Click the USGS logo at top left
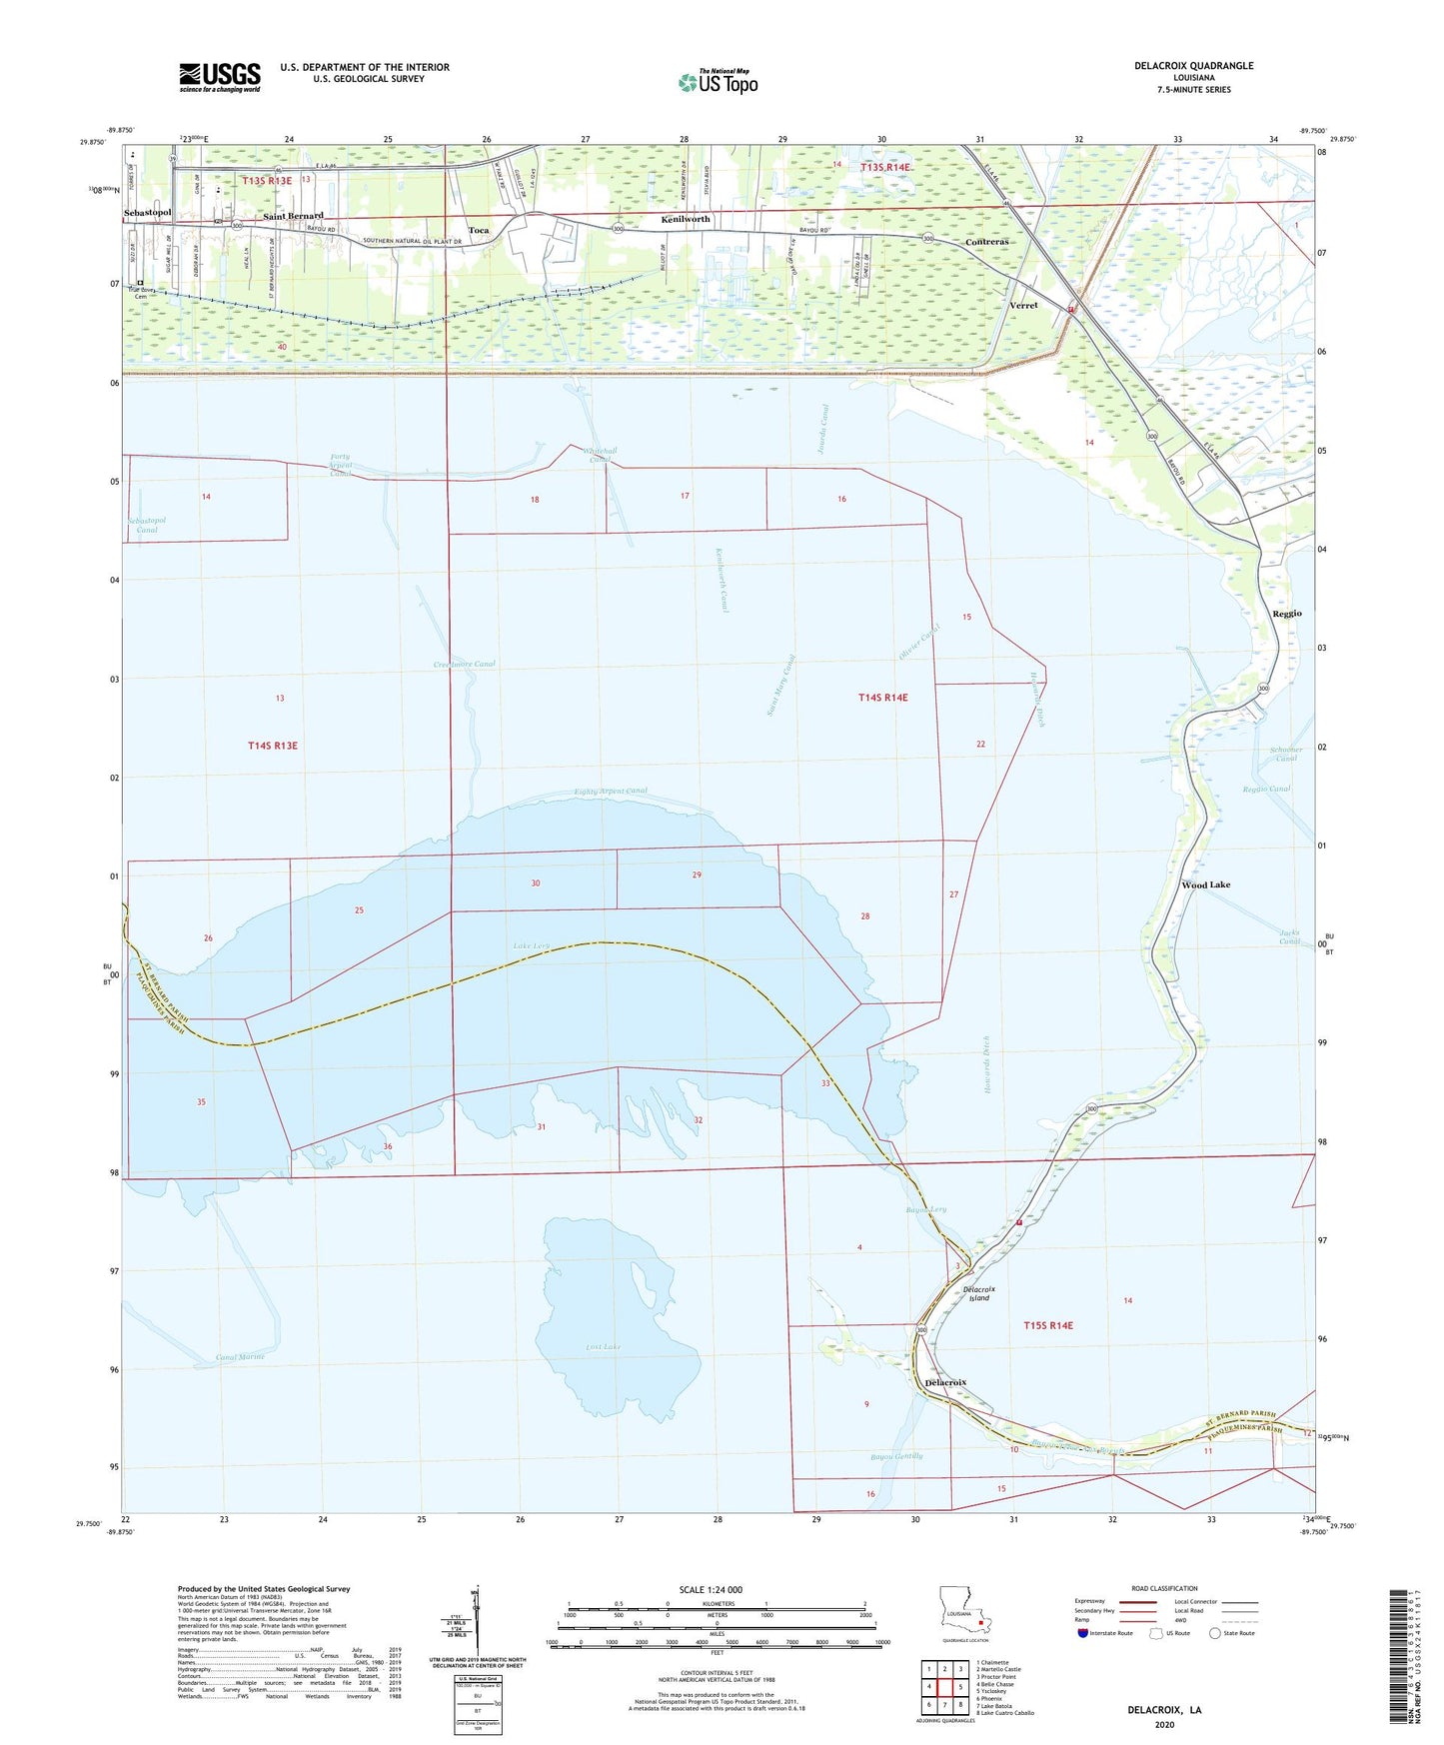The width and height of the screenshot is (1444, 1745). pyautogui.click(x=220, y=77)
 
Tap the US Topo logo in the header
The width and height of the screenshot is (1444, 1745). pyautogui.click(x=718, y=82)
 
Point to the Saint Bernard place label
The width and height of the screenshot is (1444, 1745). pyautogui.click(x=293, y=216)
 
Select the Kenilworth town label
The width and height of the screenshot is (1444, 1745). pyautogui.click(x=686, y=219)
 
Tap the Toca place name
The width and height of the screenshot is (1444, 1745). pyautogui.click(x=479, y=231)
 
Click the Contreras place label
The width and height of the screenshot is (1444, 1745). pyautogui.click(x=986, y=242)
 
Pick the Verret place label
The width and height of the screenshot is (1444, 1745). pyautogui.click(x=1023, y=305)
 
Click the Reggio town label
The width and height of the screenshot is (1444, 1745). pyautogui.click(x=1287, y=613)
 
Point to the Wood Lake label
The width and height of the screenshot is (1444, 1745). pyautogui.click(x=1205, y=884)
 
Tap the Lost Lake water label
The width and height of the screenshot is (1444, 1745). pyautogui.click(x=604, y=1347)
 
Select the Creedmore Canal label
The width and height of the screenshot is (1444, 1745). pyautogui.click(x=464, y=664)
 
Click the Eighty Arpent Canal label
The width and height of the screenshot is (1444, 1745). pyautogui.click(x=611, y=791)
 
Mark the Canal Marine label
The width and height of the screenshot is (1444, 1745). pyautogui.click(x=240, y=1357)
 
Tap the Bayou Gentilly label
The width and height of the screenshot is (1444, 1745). pyautogui.click(x=895, y=1456)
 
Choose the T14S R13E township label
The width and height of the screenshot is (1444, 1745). pyautogui.click(x=273, y=746)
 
